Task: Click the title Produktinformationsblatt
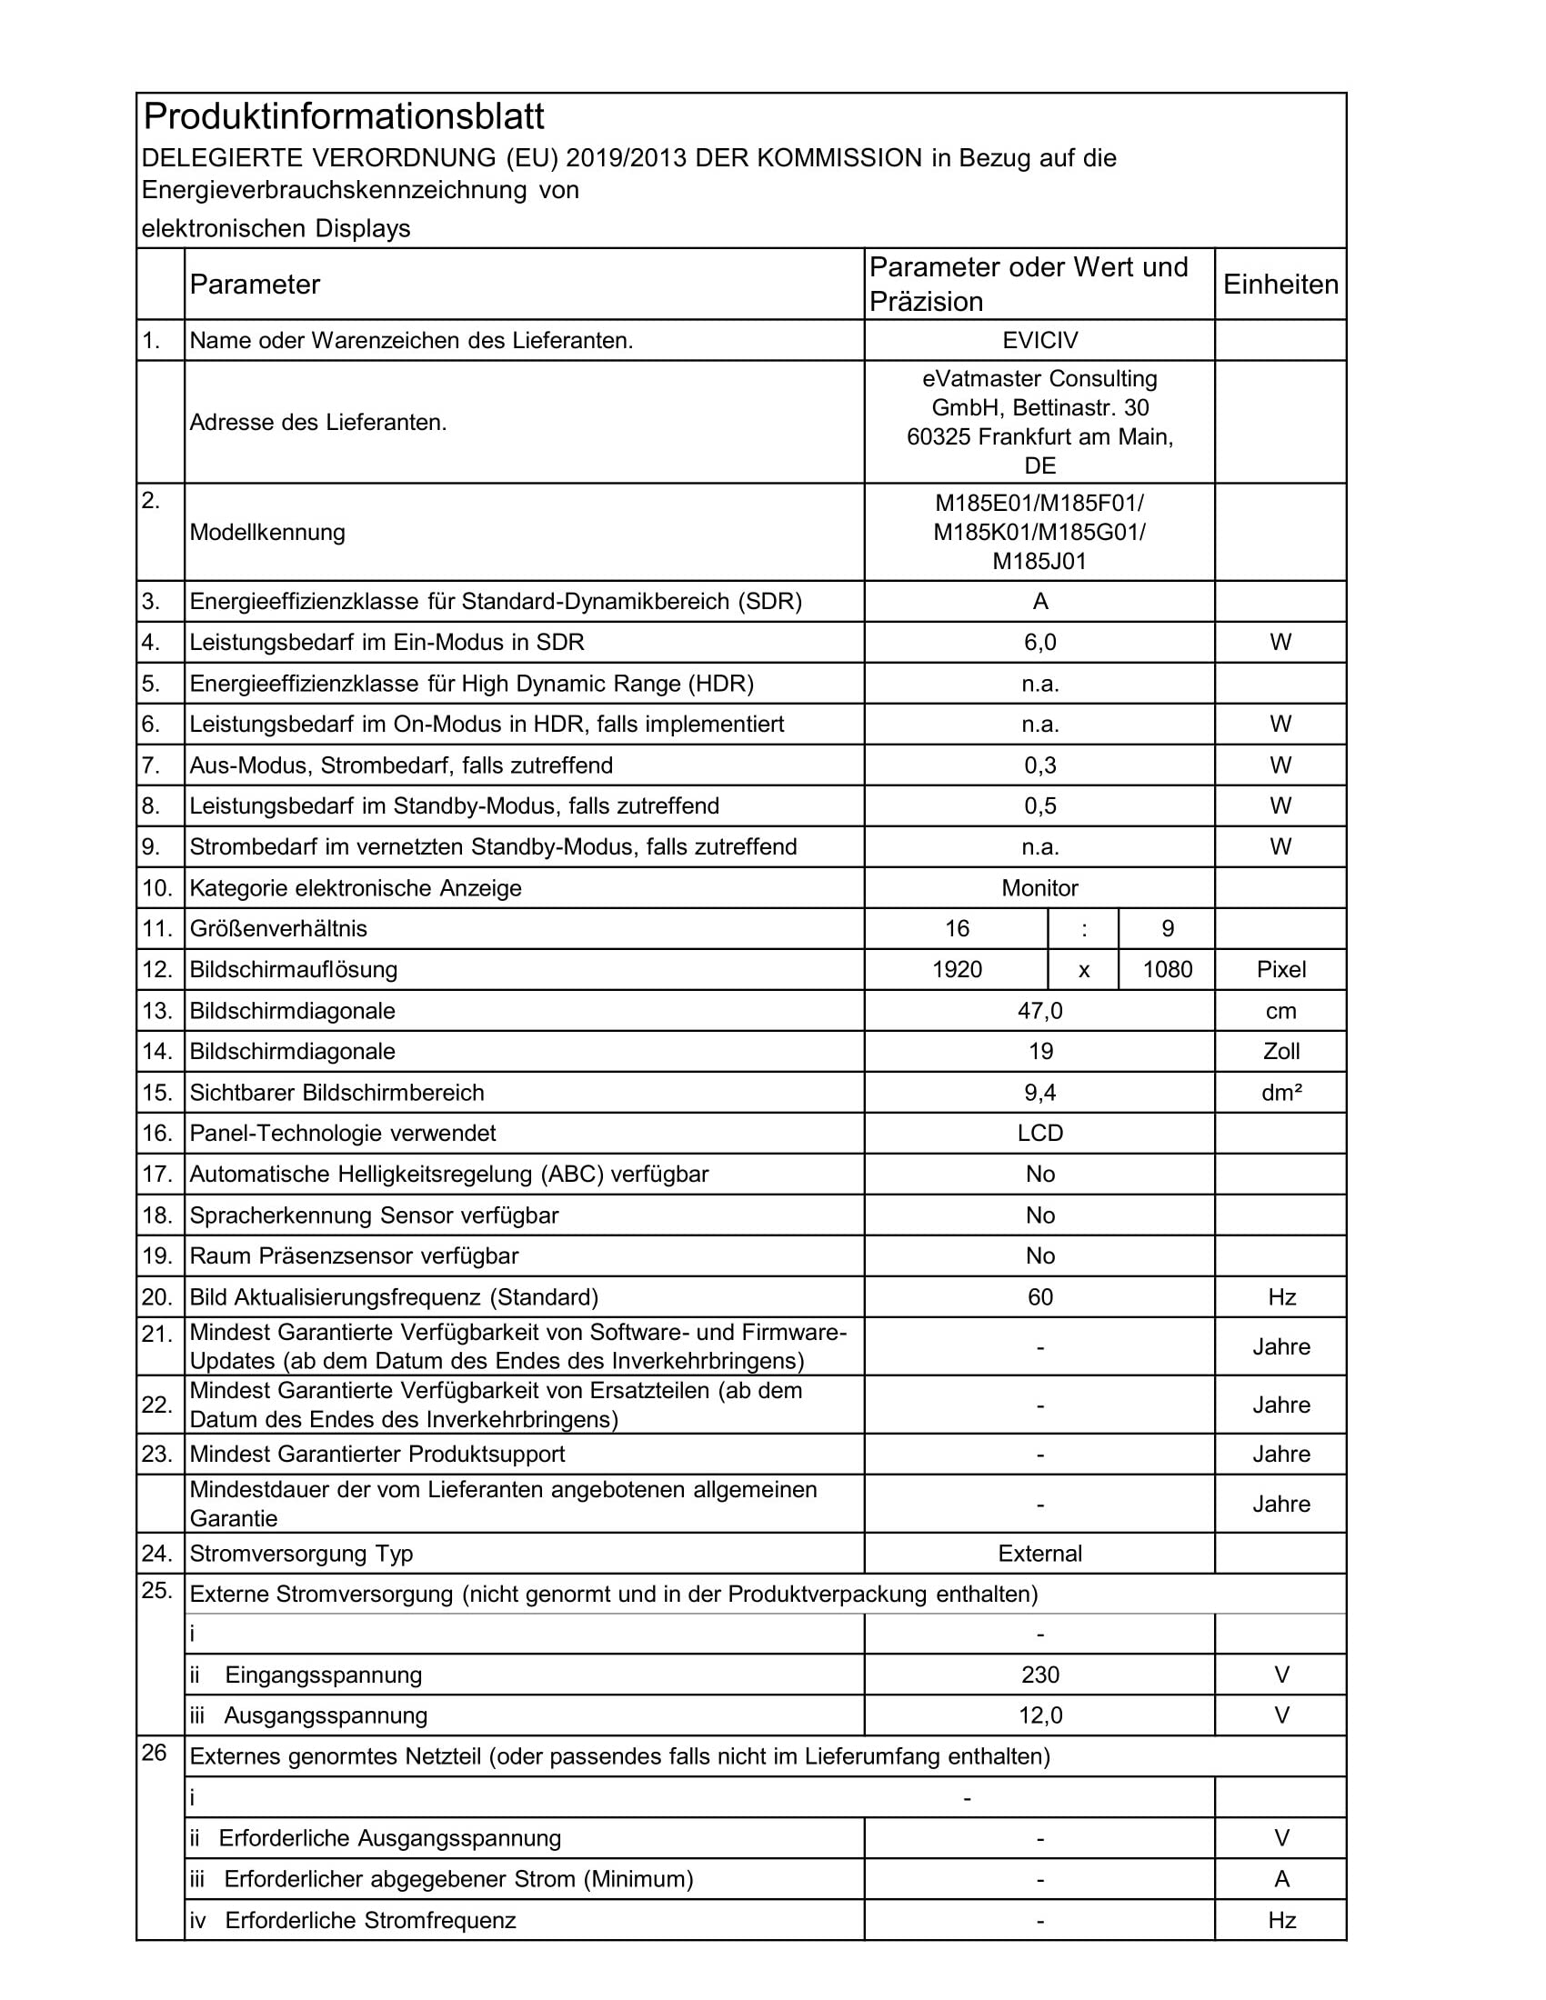345,117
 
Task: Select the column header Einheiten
1280,285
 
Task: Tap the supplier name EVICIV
1039,341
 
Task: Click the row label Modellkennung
267,533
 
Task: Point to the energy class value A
1040,602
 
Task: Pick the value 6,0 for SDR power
1040,643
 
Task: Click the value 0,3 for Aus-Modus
1040,765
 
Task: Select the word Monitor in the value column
1039,888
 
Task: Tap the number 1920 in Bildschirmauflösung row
957,970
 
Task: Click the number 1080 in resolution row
1168,970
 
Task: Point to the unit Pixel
1280,970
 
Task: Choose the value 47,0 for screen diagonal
1040,1011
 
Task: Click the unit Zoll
1280,1052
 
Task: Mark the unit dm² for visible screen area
1280,1093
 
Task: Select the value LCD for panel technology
1040,1134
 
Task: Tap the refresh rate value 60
1040,1297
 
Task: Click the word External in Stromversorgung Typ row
1039,1554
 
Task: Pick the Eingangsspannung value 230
1040,1675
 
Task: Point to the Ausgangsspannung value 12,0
1040,1715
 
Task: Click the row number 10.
157,888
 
